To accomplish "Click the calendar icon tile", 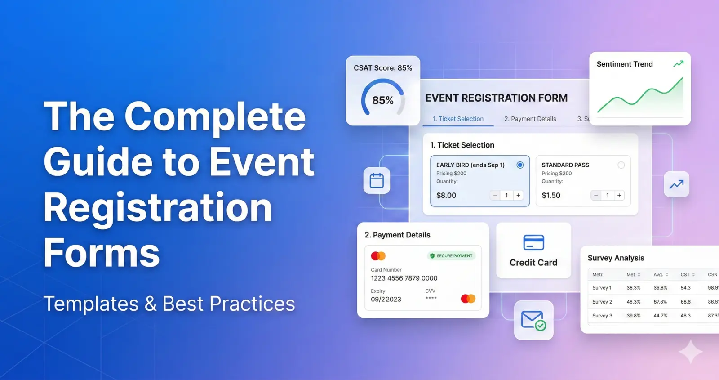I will coord(377,181).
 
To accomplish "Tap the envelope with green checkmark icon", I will coord(533,320).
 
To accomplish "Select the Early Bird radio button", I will coord(520,165).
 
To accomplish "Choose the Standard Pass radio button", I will coord(621,165).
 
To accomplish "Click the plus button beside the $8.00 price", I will coord(519,196).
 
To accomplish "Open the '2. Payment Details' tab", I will coord(530,119).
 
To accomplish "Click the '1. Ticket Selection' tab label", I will coord(458,119).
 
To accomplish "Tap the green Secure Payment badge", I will coord(451,256).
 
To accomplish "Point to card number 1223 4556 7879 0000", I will coord(404,278).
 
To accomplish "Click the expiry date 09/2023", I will coord(386,300).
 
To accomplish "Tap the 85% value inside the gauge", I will coord(383,101).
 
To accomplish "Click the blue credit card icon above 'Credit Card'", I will coord(533,242).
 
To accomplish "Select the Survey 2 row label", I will coord(602,302).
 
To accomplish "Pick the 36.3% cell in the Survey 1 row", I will coord(634,288).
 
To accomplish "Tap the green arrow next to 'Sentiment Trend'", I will coord(678,64).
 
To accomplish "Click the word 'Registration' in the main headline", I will coord(158,208).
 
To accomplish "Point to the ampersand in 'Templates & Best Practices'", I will coord(151,304).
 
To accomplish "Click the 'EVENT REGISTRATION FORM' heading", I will coord(496,98).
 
